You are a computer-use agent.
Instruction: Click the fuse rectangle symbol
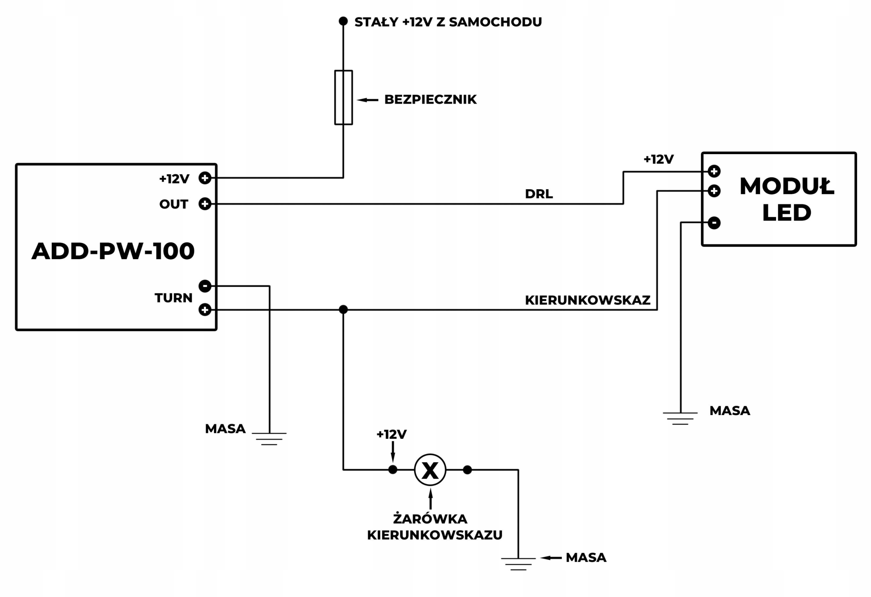coord(343,97)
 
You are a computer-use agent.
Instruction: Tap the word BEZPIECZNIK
coord(430,100)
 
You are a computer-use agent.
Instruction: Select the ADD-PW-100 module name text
coord(113,251)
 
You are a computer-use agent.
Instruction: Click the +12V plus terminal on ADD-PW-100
coord(204,178)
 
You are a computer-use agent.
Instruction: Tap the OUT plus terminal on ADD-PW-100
coord(204,204)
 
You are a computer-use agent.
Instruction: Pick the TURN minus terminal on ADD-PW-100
coord(204,286)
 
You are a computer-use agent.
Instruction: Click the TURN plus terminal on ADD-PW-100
coord(204,310)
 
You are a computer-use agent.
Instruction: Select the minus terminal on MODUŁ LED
coord(714,223)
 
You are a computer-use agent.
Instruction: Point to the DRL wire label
coord(539,194)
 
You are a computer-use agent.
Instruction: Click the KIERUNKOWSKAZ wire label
coord(587,300)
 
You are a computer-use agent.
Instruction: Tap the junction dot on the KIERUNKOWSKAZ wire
coord(343,310)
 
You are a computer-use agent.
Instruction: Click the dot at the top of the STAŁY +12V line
coord(343,21)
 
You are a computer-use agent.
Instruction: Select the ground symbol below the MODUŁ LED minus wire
coord(680,418)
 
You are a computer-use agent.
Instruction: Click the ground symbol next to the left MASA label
coord(269,438)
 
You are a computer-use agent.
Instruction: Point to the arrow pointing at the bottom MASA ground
coord(551,558)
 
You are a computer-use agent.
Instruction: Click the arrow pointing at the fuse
coord(367,100)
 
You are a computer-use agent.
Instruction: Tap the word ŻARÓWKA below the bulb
coord(430,519)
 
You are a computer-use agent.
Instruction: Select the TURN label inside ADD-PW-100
coord(173,298)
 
